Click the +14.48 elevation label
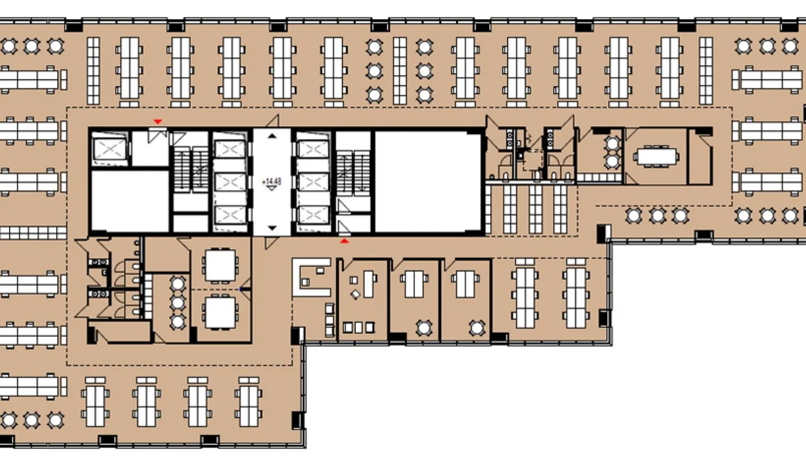(x=272, y=182)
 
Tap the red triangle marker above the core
(x=158, y=122)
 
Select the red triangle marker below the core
(x=344, y=241)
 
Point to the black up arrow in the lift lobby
(x=272, y=136)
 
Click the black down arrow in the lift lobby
(x=272, y=228)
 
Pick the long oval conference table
(x=656, y=157)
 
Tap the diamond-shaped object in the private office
(x=355, y=295)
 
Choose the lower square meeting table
(x=220, y=312)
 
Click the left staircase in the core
(x=191, y=169)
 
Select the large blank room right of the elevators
(x=428, y=182)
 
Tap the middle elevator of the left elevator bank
(x=230, y=182)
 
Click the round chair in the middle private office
(x=424, y=328)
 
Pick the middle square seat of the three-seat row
(x=358, y=327)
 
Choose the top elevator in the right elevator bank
(x=313, y=149)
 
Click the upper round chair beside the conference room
(x=612, y=143)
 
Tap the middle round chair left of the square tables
(x=177, y=303)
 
